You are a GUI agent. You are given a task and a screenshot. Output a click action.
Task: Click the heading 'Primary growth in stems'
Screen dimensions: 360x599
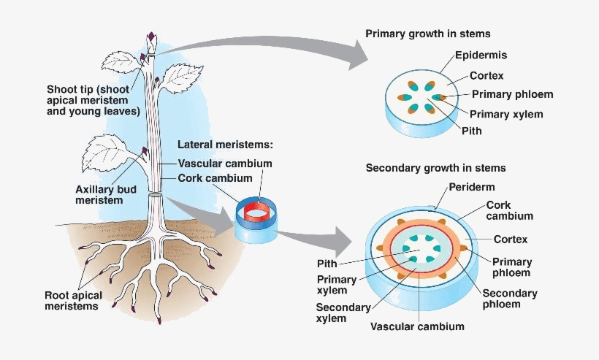point(427,34)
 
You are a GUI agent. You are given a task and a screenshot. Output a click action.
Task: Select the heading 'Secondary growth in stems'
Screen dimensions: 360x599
point(435,168)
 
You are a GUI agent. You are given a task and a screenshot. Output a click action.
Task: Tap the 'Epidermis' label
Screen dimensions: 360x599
point(481,55)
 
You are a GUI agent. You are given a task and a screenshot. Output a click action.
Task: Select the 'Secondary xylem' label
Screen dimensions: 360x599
point(343,313)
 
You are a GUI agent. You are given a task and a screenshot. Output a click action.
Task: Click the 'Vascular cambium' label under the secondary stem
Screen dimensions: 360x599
point(417,326)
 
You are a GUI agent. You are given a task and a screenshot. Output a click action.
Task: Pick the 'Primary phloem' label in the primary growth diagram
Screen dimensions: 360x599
point(512,94)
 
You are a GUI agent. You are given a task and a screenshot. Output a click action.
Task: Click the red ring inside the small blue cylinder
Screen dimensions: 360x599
point(257,212)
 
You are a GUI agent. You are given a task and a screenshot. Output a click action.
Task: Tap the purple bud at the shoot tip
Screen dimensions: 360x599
point(152,37)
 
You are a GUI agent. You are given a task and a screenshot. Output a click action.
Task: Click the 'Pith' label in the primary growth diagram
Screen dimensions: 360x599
point(472,131)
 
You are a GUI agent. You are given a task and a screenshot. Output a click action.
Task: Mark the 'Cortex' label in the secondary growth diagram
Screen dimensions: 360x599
point(510,240)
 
